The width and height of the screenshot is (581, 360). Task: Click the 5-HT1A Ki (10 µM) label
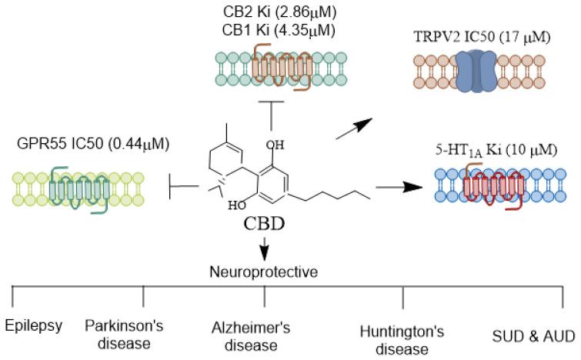pyautogui.click(x=496, y=150)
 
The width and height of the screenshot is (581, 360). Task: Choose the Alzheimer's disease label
pyautogui.click(x=251, y=335)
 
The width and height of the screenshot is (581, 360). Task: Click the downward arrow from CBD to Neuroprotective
pyautogui.click(x=264, y=248)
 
